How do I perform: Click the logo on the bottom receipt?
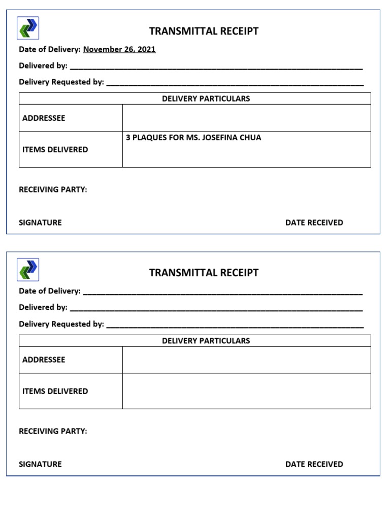[28, 269]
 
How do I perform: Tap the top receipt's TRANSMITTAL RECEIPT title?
[204, 31]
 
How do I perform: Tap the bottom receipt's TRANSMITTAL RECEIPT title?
[204, 273]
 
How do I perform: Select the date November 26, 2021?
[119, 49]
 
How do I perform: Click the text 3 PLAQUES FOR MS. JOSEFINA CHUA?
[193, 138]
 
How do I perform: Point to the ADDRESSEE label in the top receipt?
[44, 118]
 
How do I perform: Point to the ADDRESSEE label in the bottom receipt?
[44, 360]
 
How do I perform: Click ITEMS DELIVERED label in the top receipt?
[55, 150]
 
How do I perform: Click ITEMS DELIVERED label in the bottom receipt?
[55, 391]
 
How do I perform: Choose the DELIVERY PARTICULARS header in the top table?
[206, 99]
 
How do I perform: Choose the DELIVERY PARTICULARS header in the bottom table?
[206, 341]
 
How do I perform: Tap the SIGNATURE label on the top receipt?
[40, 222]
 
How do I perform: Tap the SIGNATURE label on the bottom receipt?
[40, 464]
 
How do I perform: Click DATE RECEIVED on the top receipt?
[314, 222]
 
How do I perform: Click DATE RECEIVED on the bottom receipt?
[314, 464]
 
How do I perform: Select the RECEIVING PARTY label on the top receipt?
[53, 189]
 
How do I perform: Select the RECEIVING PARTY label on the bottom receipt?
[53, 431]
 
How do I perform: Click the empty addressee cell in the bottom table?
[246, 360]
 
